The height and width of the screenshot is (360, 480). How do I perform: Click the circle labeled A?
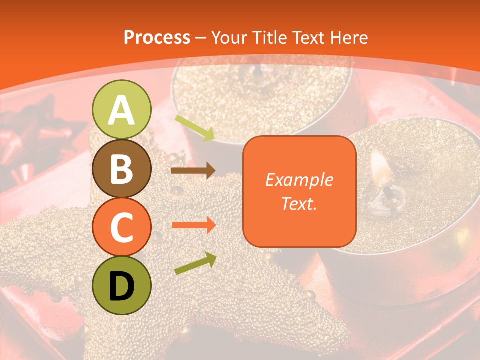(121, 109)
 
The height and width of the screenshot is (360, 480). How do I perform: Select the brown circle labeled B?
(121, 168)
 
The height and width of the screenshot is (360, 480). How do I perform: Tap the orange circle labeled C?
(121, 227)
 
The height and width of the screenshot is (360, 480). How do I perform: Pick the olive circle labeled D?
(121, 285)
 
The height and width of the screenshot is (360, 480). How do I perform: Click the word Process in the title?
(157, 37)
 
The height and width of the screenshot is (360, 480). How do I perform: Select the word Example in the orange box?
(299, 180)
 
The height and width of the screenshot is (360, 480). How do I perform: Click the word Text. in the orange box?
(299, 203)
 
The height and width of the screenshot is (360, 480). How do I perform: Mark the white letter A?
(121, 110)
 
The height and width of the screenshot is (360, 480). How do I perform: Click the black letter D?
(121, 286)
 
